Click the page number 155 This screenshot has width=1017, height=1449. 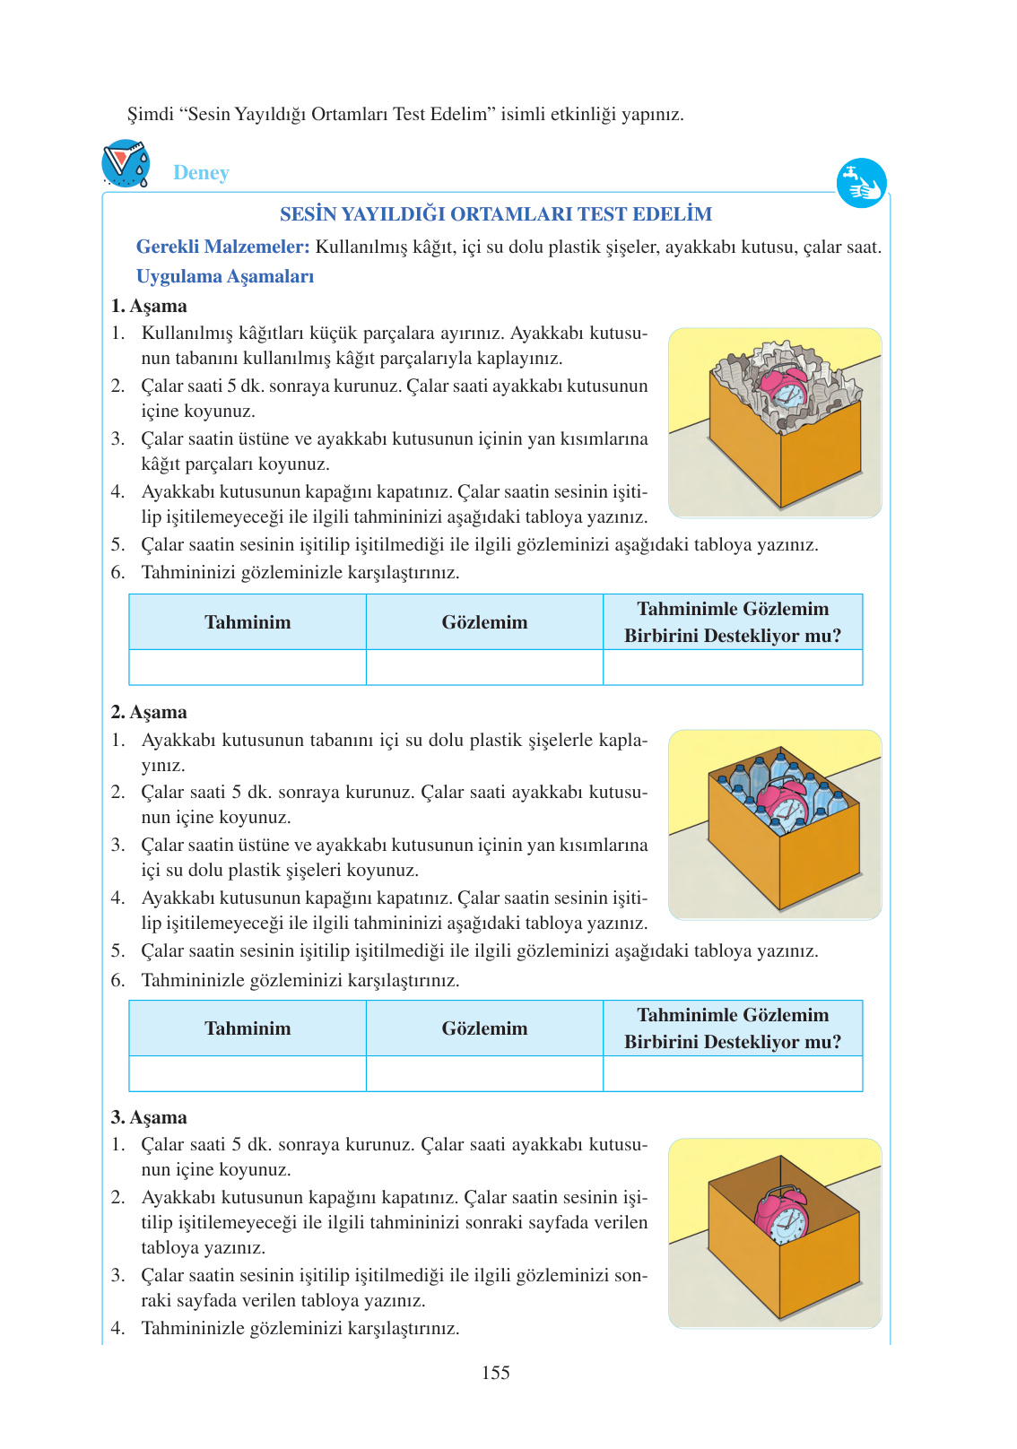coord(495,1373)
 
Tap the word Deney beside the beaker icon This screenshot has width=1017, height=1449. coord(201,172)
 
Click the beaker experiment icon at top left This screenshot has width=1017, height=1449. coord(126,163)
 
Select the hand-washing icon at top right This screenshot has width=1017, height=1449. coord(861,184)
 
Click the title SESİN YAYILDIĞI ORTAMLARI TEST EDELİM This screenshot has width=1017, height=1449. coord(496,214)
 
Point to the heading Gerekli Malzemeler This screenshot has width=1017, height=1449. coord(222,247)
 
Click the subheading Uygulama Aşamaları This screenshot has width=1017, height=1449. coord(225,276)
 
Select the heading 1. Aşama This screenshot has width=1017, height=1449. coord(149,306)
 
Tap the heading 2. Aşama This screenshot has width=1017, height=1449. coord(149,712)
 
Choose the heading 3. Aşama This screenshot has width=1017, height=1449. coord(149,1117)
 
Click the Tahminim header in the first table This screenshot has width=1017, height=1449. coord(248,622)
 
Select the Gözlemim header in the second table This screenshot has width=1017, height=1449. coord(484,1028)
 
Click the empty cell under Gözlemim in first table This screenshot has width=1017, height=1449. coord(484,667)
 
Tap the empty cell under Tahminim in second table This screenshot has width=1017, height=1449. coord(248,1073)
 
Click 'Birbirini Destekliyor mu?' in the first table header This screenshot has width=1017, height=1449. coord(733,636)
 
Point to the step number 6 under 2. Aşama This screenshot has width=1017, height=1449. coord(117,980)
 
